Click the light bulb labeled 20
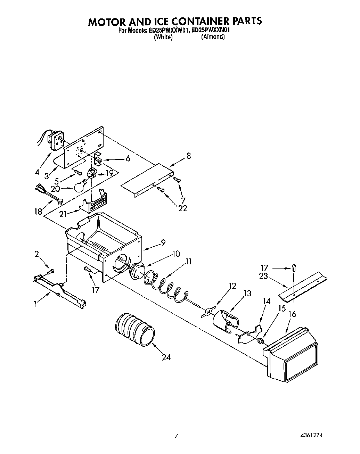80,186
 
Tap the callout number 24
166,357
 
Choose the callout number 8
188,156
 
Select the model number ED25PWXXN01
211,30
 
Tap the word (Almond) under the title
213,37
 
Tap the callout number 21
63,214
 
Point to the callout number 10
176,254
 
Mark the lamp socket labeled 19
91,172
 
